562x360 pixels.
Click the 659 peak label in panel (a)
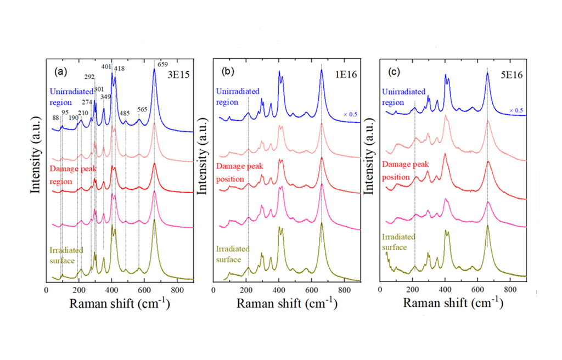point(162,64)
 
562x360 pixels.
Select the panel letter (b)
point(228,72)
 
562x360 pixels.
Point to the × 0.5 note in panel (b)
point(350,114)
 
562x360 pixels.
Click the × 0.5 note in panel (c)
point(515,110)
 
